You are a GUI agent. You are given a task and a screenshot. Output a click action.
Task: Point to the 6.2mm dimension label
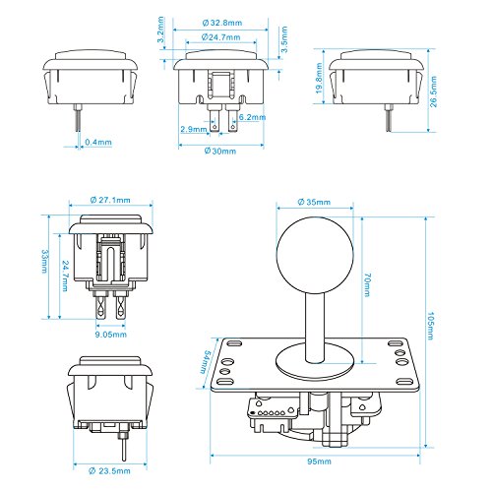[x=253, y=118]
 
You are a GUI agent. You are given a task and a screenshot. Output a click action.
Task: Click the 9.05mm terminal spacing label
[x=109, y=334]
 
